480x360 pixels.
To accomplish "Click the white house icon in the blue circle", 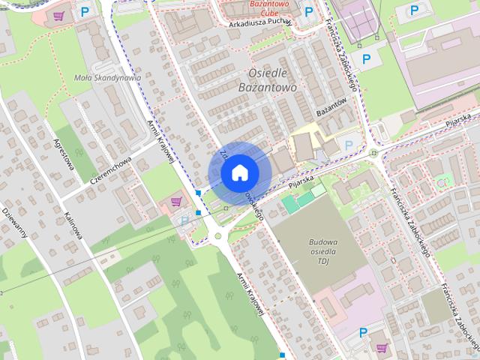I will [239, 172].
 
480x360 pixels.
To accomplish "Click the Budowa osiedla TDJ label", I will [323, 251].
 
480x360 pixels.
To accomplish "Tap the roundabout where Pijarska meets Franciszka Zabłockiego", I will [374, 153].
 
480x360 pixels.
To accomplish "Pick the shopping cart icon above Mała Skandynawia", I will [59, 15].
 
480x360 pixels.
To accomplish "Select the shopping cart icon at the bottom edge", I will [382, 349].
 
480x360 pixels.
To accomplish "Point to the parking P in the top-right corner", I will [414, 10].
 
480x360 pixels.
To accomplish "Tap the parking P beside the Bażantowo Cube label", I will [309, 10].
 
